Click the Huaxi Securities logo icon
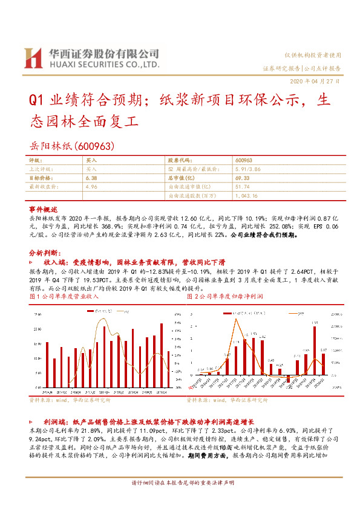(31, 57)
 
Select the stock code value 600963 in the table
(243, 161)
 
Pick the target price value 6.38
(91, 178)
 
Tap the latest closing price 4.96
(91, 187)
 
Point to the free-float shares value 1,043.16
(247, 196)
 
